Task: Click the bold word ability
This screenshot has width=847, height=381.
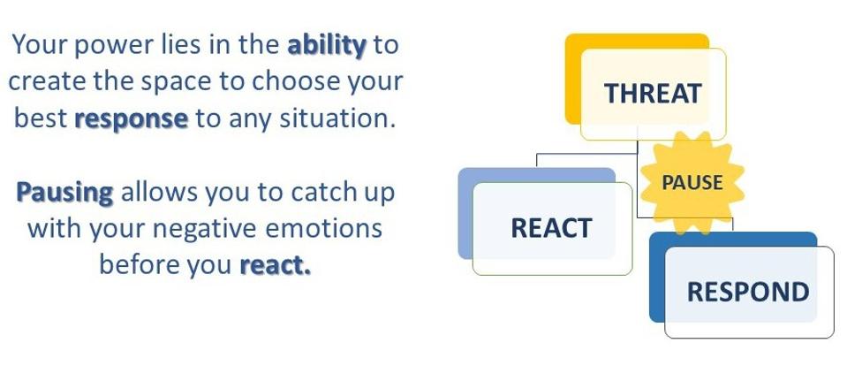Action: (327, 45)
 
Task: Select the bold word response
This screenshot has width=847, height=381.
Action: (132, 118)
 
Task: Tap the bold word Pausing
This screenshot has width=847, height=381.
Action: (64, 193)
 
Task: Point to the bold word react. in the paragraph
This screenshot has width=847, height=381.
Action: (276, 265)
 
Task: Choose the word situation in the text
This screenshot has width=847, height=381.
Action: (334, 118)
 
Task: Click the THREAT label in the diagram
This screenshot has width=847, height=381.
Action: (653, 94)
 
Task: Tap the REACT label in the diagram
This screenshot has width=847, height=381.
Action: (551, 228)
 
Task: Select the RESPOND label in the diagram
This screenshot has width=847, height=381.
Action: (748, 293)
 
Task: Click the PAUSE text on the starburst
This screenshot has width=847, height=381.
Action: (692, 183)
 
